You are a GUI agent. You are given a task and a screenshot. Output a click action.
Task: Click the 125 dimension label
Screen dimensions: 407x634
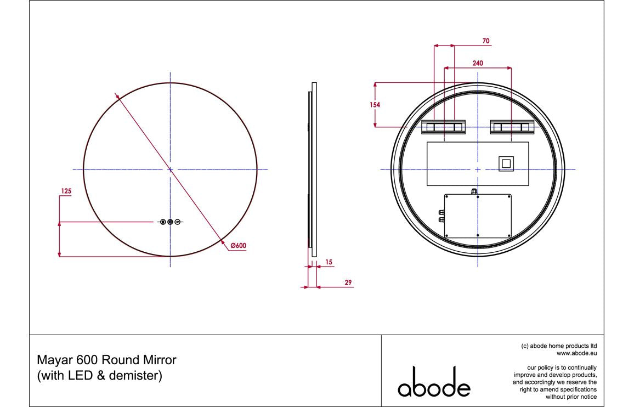click(66, 191)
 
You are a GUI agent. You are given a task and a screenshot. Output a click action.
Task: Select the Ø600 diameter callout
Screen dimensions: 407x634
click(237, 246)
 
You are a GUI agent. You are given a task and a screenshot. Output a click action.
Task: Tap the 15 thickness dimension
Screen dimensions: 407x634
click(329, 263)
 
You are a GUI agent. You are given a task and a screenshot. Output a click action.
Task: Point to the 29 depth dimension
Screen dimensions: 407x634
click(348, 282)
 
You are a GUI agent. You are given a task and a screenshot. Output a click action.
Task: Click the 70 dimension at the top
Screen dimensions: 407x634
click(485, 41)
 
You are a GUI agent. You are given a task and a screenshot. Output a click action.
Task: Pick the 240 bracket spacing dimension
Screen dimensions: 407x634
click(478, 64)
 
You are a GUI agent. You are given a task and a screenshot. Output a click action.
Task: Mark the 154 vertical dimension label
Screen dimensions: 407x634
click(375, 105)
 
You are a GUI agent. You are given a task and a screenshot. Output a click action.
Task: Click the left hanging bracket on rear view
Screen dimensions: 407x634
click(443, 127)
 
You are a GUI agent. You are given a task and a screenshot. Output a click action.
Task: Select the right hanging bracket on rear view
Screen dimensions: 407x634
click(512, 127)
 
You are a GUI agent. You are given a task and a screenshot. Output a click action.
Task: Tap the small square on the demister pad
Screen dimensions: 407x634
click(505, 163)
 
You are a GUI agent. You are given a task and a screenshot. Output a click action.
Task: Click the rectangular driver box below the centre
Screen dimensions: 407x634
click(478, 216)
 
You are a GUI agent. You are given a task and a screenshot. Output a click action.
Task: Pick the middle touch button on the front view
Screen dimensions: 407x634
click(170, 222)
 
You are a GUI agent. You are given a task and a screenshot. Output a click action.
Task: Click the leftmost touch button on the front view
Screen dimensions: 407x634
click(163, 222)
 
